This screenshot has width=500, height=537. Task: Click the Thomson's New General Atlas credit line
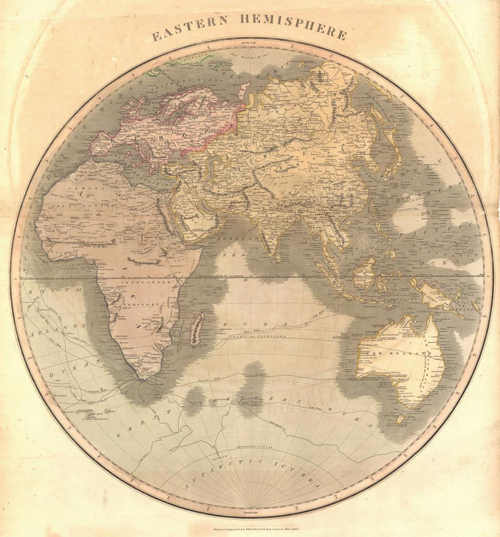pos(250,529)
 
